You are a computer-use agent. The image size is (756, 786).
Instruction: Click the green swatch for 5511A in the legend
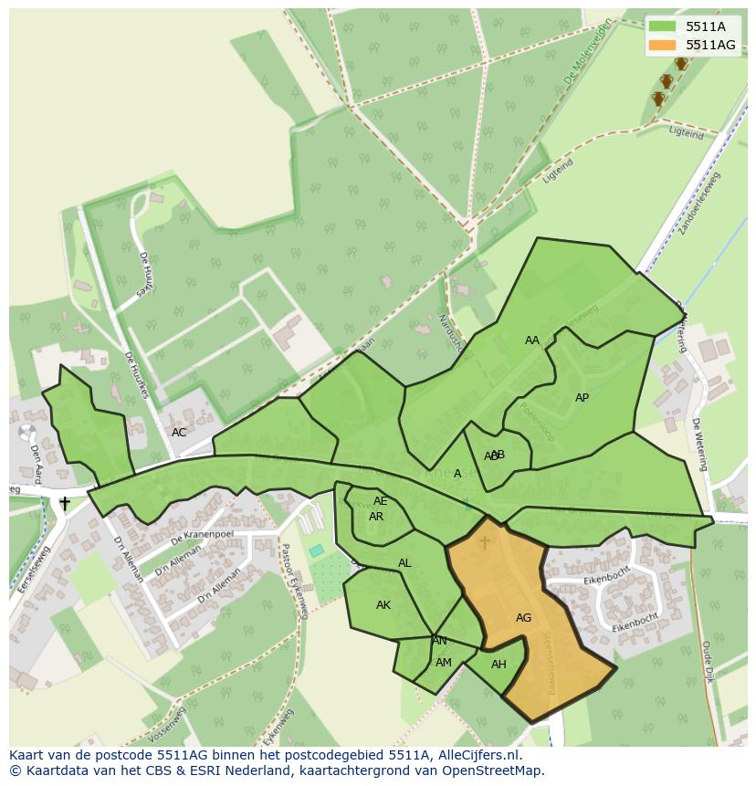[x=663, y=26]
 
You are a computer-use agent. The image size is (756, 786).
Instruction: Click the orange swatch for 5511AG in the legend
[x=663, y=45]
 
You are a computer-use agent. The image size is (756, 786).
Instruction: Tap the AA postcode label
[x=532, y=341]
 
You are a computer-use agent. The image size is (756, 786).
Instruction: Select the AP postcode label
[x=582, y=398]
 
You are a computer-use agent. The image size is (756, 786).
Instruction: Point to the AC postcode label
[x=179, y=433]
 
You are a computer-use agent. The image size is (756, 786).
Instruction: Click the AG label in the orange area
[x=523, y=618]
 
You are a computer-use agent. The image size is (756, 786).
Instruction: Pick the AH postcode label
[x=499, y=665]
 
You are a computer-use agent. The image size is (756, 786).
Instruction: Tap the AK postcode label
[x=383, y=605]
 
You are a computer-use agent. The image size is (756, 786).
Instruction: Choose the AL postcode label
[x=404, y=563]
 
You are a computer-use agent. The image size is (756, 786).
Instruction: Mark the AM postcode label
[x=444, y=663]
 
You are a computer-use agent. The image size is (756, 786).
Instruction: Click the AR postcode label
[x=376, y=517]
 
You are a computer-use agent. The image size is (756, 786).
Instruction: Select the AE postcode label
[x=381, y=501]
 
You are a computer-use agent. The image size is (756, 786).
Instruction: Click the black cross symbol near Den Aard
[x=65, y=503]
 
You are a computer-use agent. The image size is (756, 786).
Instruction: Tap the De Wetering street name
[x=698, y=445]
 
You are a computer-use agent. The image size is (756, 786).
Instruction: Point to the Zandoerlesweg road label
[x=700, y=203]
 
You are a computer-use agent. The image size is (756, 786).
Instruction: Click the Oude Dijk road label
[x=709, y=661]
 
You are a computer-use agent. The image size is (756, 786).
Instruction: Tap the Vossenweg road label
[x=166, y=726]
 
